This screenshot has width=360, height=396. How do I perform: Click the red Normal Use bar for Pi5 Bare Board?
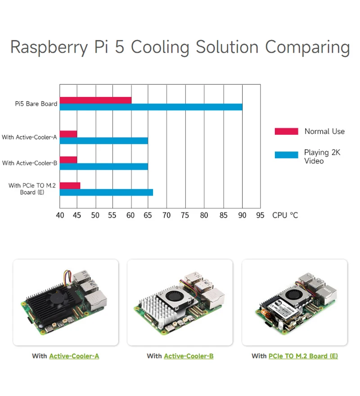[x=95, y=100]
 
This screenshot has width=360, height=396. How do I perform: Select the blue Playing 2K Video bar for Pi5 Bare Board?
[x=151, y=107]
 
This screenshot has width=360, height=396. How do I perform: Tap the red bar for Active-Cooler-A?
[x=68, y=134]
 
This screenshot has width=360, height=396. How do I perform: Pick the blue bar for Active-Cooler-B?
[x=103, y=166]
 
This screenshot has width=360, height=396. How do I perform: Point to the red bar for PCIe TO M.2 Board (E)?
[x=70, y=186]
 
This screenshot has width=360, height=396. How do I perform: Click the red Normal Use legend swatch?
[x=286, y=131]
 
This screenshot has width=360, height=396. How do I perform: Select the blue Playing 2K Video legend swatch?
[x=286, y=155]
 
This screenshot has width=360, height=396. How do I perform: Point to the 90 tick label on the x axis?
[x=242, y=215]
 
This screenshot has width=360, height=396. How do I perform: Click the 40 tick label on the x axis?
[x=60, y=215]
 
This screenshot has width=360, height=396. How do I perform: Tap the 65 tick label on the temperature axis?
[x=148, y=215]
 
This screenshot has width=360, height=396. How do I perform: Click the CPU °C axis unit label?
[x=285, y=215]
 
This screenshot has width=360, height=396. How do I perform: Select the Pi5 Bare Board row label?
[x=36, y=104]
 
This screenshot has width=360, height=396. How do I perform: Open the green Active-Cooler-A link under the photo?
[x=74, y=356]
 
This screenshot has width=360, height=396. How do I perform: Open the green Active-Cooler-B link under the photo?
[x=189, y=356]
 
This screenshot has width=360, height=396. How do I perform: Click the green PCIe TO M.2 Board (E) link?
[x=303, y=356]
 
